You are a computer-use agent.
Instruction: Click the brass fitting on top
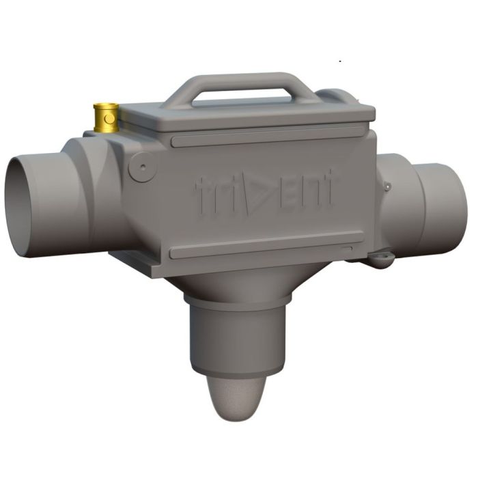point(106,117)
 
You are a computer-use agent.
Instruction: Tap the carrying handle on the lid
point(240,84)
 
